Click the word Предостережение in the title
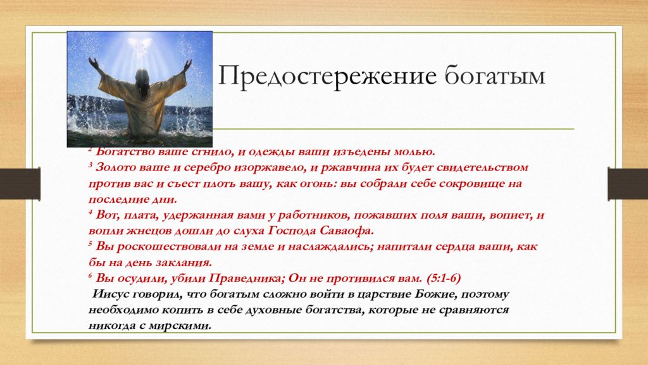click(327, 76)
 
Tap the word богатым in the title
click(495, 76)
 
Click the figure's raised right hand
click(188, 65)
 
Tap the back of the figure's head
click(142, 77)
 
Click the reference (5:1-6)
click(444, 279)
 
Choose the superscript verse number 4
click(90, 212)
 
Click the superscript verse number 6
click(90, 275)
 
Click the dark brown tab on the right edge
click(628, 183)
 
